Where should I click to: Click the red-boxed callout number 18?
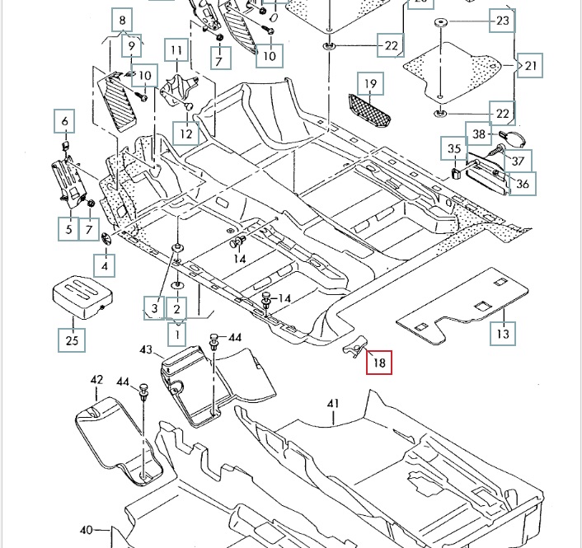point(379,361)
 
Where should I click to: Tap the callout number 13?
point(502,333)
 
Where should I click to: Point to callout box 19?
point(371,83)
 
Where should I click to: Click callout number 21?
point(532,65)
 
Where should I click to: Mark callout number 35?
point(453,149)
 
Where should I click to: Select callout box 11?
point(176,51)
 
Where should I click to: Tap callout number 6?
point(64,123)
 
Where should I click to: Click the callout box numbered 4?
point(105,266)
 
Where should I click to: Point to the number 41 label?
point(333,404)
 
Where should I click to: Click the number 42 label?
point(96,380)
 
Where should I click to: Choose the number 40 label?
point(87,529)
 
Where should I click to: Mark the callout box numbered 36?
point(523,183)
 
